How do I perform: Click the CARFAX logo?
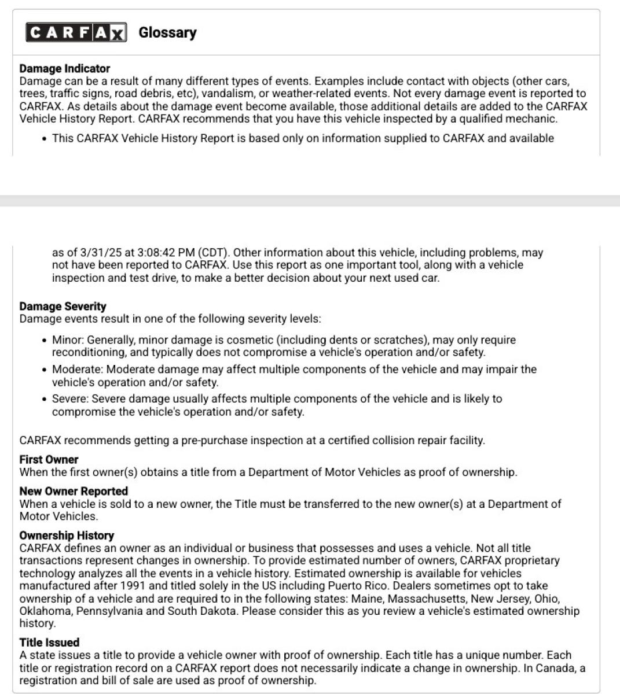pos(76,32)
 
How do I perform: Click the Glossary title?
pos(167,32)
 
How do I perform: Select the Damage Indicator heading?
pos(64,68)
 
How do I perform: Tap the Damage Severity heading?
pos(63,306)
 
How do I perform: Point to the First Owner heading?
pos(49,459)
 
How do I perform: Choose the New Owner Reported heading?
pos(74,491)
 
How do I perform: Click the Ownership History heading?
pos(67,535)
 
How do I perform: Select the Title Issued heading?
pos(49,642)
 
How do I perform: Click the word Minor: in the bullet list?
pos(68,340)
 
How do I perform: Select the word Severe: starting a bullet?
pos(70,399)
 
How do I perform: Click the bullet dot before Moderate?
pos(45,370)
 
